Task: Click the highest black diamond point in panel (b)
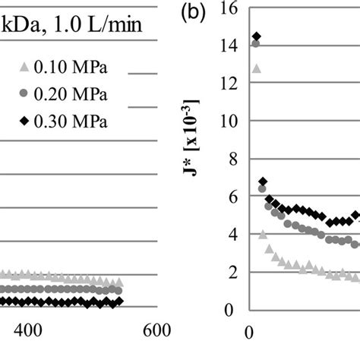click(x=256, y=36)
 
